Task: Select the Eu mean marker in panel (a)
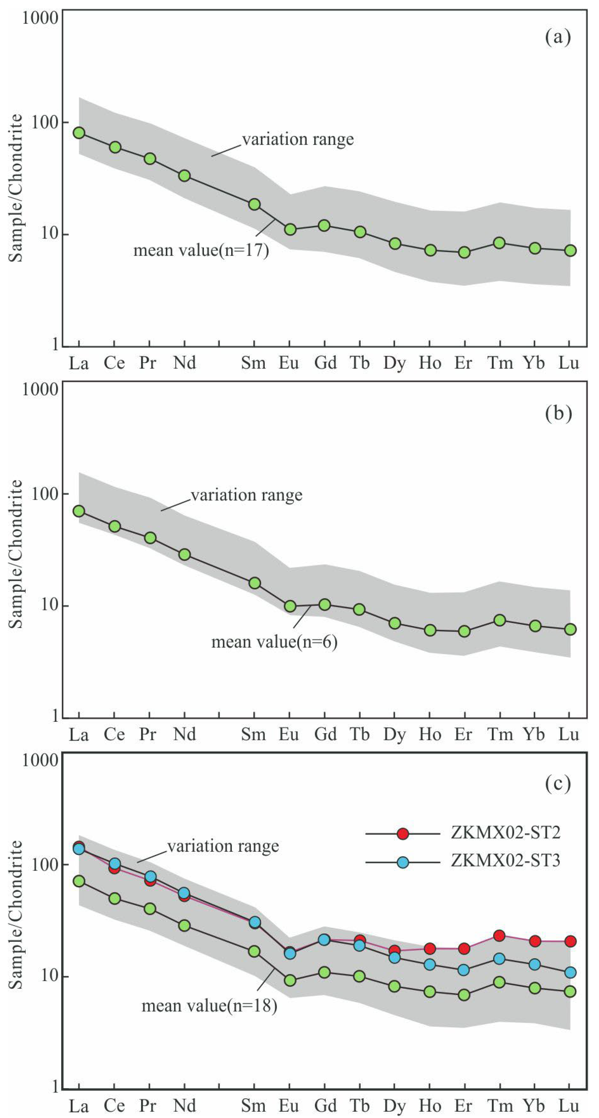click(290, 229)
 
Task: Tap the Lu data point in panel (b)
click(570, 629)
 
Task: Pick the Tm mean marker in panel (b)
click(500, 620)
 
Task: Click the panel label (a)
click(558, 37)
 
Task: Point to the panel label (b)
click(558, 413)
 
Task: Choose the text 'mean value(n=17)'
click(201, 251)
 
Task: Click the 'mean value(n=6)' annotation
click(274, 642)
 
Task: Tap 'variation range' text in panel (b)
click(247, 495)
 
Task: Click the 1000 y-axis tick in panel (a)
click(40, 18)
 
